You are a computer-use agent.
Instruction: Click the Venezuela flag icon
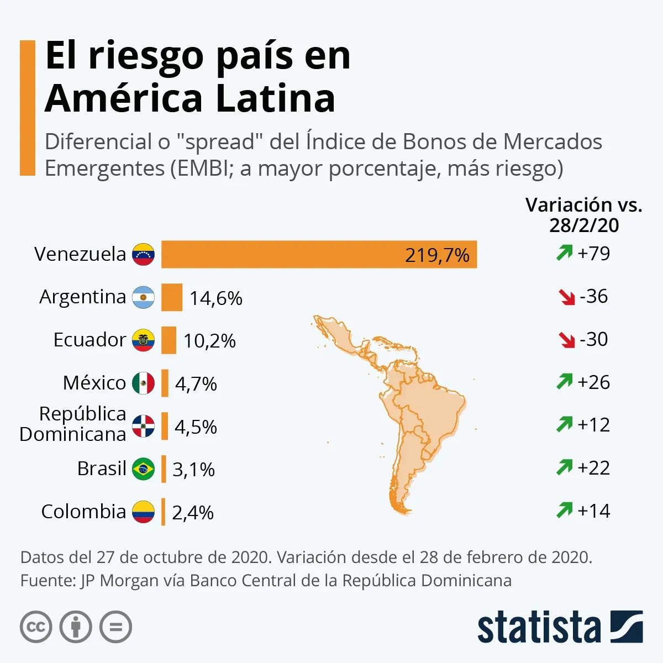tap(143, 255)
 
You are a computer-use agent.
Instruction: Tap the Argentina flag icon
tap(143, 298)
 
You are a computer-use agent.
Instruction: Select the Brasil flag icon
tap(143, 469)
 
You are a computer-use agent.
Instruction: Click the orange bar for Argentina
tap(172, 298)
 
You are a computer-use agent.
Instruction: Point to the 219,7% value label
tap(437, 255)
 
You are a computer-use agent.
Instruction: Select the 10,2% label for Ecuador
tap(209, 341)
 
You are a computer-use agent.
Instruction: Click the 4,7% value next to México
tap(196, 383)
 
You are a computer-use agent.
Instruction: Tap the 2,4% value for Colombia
tap(193, 513)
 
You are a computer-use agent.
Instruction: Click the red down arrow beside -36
tap(567, 297)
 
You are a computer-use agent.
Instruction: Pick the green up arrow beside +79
tap(564, 254)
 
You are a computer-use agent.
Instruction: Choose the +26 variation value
tap(593, 382)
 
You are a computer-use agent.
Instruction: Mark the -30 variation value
tap(593, 339)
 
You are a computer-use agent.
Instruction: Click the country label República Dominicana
tap(73, 424)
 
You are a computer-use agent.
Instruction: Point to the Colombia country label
tap(83, 512)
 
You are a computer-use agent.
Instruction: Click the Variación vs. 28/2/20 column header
tap(584, 214)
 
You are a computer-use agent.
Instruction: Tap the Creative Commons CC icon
tap(36, 627)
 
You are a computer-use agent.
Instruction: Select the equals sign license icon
tap(116, 627)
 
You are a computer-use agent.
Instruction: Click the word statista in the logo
tap(539, 628)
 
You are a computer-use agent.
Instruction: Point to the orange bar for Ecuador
tap(169, 340)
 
